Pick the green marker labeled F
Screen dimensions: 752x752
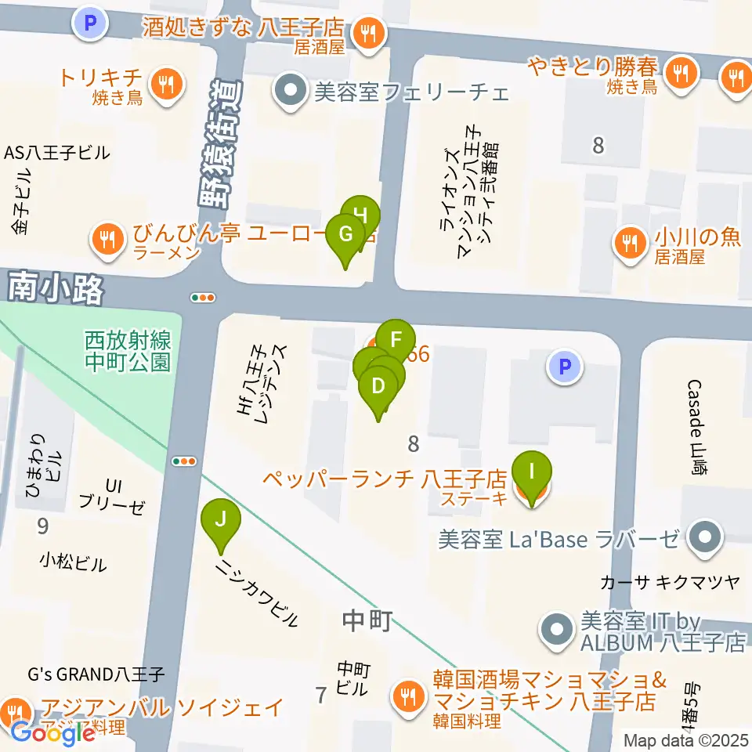coord(396,341)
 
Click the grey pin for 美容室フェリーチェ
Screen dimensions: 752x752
coord(291,92)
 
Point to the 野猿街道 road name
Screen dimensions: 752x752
coord(222,149)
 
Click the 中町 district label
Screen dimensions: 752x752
coord(367,621)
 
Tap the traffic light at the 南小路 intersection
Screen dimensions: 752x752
coord(203,298)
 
